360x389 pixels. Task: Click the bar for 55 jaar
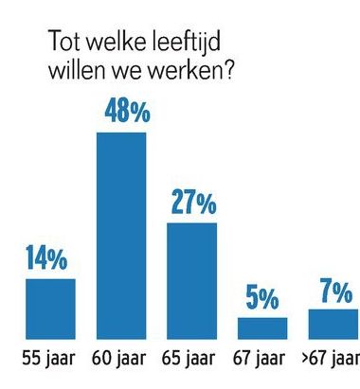(x=50, y=308)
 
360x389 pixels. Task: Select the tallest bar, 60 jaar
(x=122, y=235)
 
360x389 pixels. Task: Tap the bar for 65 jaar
(x=192, y=280)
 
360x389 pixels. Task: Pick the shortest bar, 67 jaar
(x=262, y=327)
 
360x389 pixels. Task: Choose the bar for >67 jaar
(x=333, y=324)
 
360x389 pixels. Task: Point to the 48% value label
(x=123, y=113)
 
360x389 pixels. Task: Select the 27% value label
(x=193, y=203)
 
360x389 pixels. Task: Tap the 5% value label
(x=262, y=299)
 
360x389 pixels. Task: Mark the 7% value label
(x=334, y=292)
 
